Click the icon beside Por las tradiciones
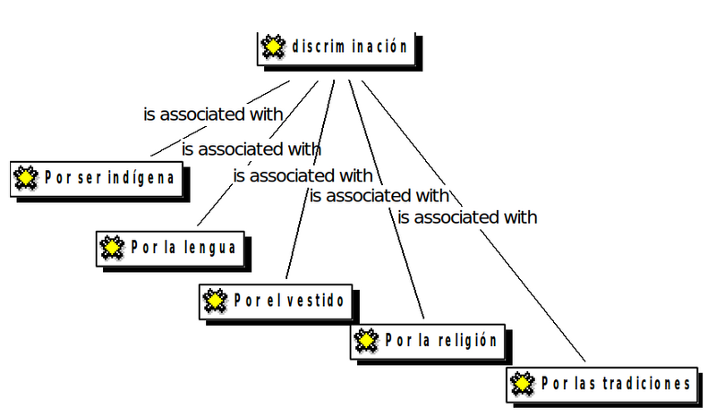point(522,384)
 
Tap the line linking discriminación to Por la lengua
point(215,206)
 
